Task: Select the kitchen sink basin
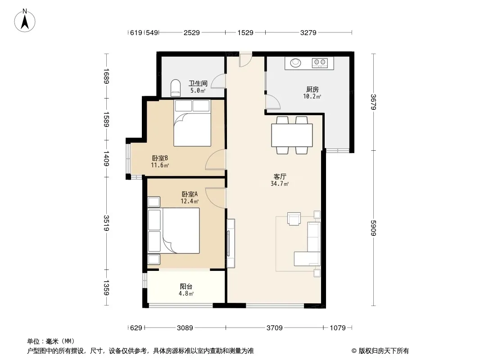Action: click(295, 63)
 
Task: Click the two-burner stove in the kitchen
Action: click(320, 63)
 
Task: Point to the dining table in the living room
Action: click(292, 135)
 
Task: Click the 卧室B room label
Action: click(160, 158)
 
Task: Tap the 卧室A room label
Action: click(190, 194)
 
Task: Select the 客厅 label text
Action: click(280, 176)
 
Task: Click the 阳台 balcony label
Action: click(186, 286)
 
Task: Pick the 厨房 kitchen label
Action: click(312, 89)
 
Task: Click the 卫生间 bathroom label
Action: click(198, 83)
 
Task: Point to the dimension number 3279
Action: click(308, 33)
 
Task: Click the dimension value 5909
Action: click(373, 228)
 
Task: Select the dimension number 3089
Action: click(185, 328)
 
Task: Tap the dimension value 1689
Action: click(106, 76)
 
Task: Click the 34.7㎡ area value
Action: click(280, 184)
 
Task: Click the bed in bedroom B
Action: click(192, 123)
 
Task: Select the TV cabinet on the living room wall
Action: click(231, 243)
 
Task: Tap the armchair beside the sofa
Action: click(294, 219)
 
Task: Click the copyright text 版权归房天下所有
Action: click(383, 351)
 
